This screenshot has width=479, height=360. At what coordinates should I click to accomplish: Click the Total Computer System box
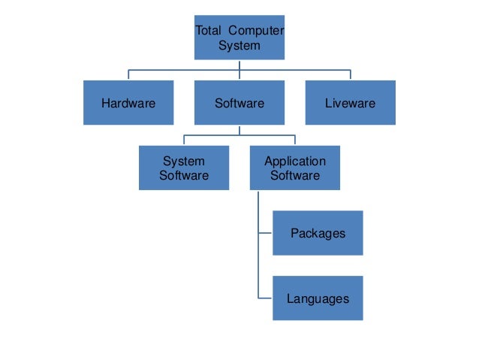(239, 37)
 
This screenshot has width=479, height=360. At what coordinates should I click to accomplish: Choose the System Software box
(184, 168)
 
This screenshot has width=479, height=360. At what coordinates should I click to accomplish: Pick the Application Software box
(295, 168)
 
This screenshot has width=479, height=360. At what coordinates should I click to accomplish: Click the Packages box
(318, 233)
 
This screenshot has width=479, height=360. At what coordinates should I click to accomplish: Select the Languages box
(318, 298)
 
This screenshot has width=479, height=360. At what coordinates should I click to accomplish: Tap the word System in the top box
(239, 45)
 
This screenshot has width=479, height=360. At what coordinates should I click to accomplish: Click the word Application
(295, 161)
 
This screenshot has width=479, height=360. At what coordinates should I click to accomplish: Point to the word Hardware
(128, 103)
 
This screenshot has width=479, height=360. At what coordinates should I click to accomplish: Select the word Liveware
(350, 103)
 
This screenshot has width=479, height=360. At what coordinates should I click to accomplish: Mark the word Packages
(318, 233)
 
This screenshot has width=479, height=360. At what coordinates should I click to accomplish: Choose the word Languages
(318, 298)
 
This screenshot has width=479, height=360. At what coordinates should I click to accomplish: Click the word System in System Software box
(184, 161)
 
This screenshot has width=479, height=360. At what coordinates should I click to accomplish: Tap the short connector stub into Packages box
(265, 233)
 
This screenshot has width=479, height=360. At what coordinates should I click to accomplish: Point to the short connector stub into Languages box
(265, 298)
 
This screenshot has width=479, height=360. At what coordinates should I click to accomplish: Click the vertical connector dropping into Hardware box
(128, 75)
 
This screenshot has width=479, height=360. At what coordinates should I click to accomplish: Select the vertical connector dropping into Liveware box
(350, 75)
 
